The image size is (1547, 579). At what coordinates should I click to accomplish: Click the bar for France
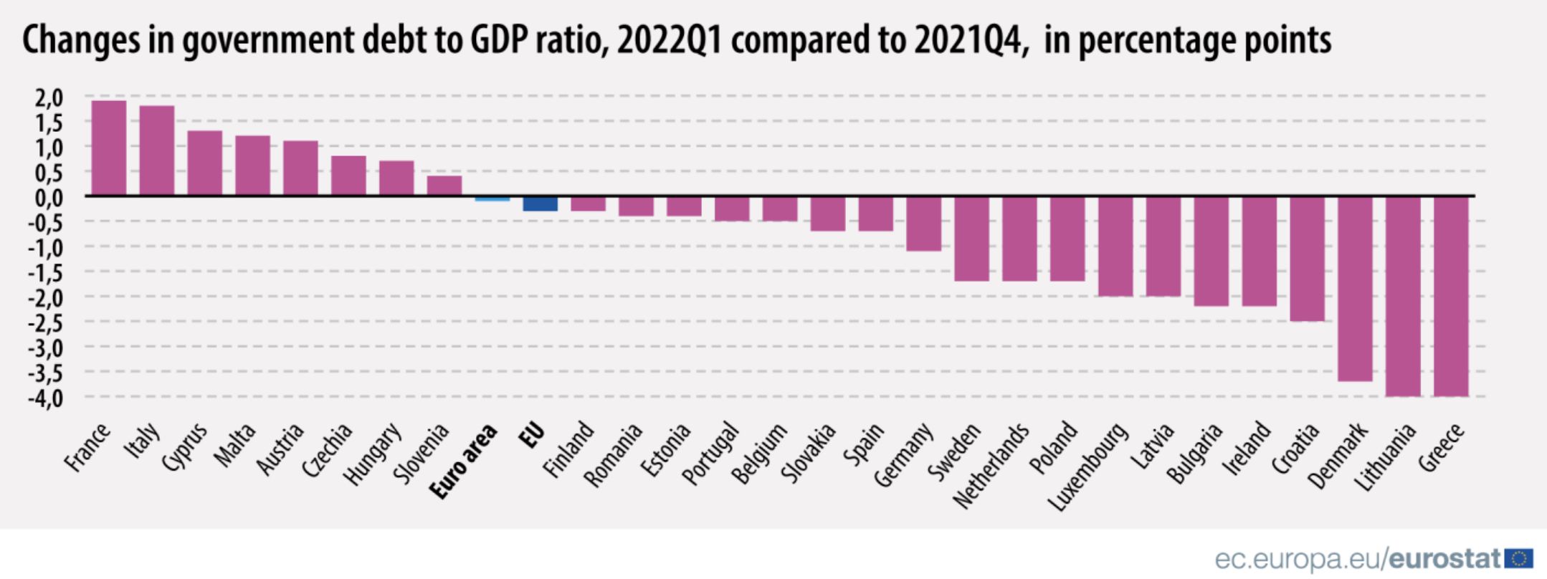pos(109,148)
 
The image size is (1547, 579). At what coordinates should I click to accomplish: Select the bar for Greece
pos(1450,296)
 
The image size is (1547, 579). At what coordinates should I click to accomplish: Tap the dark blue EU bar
pos(540,204)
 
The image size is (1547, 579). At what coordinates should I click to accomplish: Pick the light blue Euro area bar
pos(492,198)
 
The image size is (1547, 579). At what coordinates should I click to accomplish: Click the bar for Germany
pos(923,224)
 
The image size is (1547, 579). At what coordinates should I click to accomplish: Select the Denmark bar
pos(1355,288)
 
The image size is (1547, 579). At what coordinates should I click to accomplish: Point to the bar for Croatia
pos(1307,259)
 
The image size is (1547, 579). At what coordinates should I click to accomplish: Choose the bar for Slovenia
pos(444,186)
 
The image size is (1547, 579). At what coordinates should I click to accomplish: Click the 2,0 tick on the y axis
pos(49,97)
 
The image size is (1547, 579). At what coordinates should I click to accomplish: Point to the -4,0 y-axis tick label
pos(46,397)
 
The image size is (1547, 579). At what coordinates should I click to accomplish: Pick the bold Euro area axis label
pos(465,461)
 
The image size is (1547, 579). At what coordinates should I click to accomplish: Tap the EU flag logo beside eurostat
pos(1519,559)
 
